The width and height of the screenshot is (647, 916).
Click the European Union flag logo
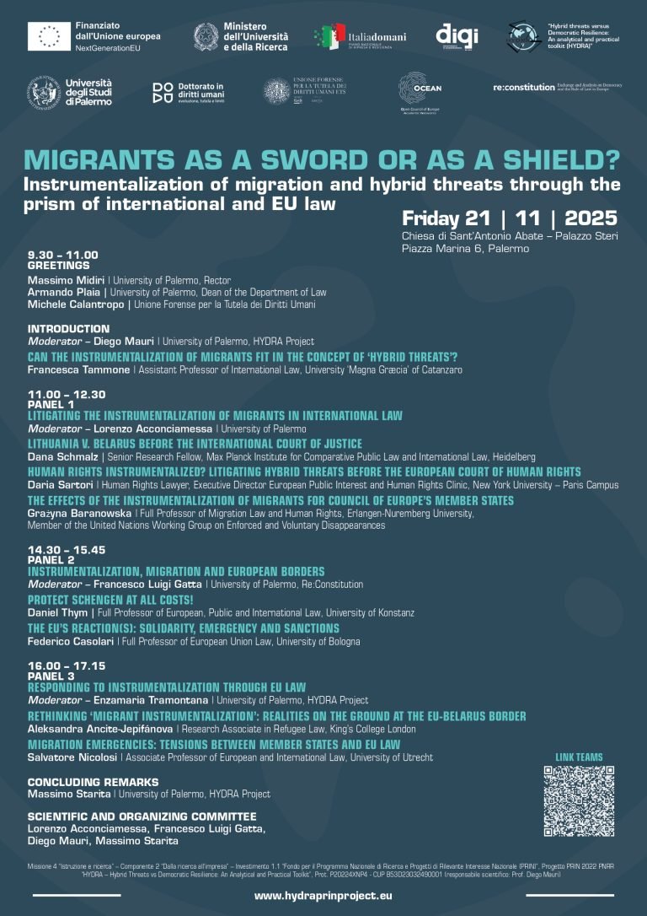[x=48, y=36]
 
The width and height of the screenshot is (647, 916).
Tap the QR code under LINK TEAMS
[x=579, y=800]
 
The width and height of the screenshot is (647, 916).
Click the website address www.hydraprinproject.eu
[x=323, y=896]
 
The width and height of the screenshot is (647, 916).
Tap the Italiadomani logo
[x=360, y=37]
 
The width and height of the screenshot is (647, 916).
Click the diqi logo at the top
[x=457, y=35]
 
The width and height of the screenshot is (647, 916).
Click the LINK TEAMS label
[x=579, y=757]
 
